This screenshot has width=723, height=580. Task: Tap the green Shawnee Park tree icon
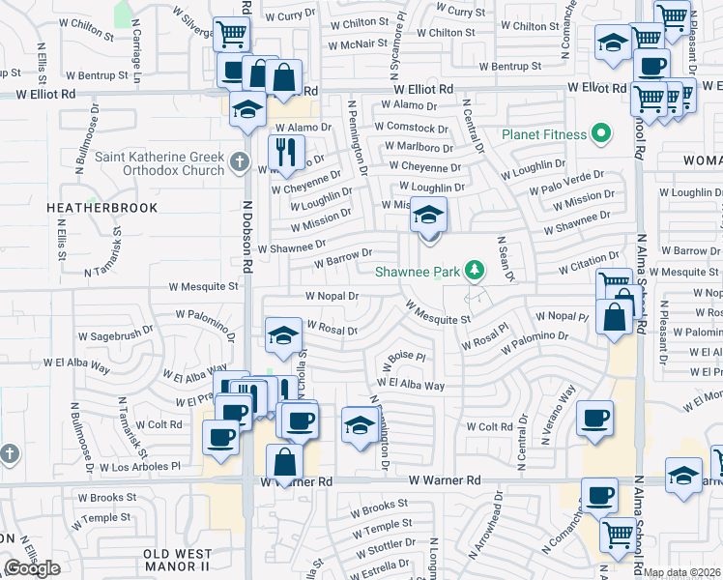click(x=474, y=270)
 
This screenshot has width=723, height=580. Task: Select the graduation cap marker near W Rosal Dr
click(x=282, y=334)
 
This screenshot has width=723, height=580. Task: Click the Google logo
click(x=32, y=568)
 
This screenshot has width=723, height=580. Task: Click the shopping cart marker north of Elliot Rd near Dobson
click(x=231, y=34)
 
